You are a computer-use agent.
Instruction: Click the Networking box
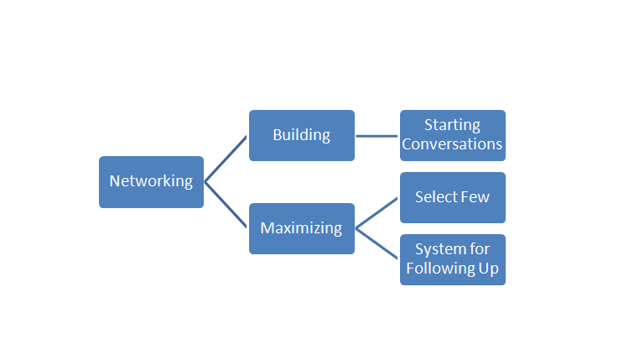(x=151, y=181)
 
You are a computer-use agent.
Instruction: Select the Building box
(x=301, y=135)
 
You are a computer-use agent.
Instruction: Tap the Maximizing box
(x=301, y=228)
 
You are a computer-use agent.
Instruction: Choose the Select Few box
(x=452, y=197)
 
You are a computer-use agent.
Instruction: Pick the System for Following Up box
(x=452, y=259)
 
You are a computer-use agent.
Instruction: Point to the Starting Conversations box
(x=452, y=135)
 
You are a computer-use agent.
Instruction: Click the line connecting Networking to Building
(x=226, y=159)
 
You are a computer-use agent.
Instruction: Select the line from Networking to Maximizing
(x=226, y=205)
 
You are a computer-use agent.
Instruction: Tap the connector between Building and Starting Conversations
(x=377, y=135)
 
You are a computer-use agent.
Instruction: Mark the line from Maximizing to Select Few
(x=377, y=213)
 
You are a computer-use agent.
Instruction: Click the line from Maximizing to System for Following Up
(x=377, y=243)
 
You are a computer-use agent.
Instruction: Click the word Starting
(x=452, y=125)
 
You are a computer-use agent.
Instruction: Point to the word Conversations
(x=452, y=144)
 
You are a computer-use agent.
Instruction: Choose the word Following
(x=440, y=269)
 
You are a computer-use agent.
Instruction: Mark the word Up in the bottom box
(x=488, y=269)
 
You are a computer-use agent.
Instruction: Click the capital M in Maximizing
(x=266, y=228)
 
